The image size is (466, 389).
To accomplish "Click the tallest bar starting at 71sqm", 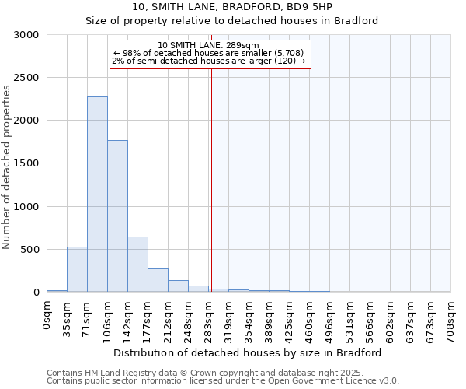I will click(x=97, y=194).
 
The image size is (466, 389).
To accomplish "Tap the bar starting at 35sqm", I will click(x=77, y=269).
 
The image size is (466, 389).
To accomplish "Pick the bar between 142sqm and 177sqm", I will click(x=137, y=265).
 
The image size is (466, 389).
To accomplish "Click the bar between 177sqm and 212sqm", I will click(x=158, y=280).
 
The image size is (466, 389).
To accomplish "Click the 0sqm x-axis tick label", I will click(x=47, y=314).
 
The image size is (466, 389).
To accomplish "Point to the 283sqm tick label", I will click(x=209, y=317).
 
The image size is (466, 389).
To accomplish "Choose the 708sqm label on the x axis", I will click(x=451, y=317).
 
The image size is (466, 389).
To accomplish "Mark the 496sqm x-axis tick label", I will click(x=330, y=317).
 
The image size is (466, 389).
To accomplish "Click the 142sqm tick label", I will click(x=128, y=317).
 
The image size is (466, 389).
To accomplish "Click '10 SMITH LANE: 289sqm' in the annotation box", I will click(x=208, y=45).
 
